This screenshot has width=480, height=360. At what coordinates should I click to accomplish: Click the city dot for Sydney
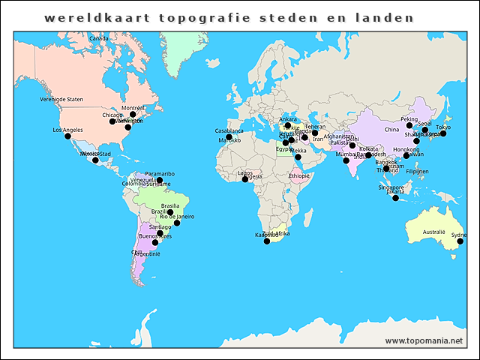460,241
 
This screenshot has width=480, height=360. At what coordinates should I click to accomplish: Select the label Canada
98,38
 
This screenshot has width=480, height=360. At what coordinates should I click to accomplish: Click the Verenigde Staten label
61,99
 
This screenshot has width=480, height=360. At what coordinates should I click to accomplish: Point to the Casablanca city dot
229,137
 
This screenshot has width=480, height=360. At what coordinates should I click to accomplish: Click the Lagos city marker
244,179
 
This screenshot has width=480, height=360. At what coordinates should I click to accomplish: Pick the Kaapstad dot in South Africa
267,241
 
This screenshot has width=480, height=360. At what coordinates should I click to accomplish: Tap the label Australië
433,232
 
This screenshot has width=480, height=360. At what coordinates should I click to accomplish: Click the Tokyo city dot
443,133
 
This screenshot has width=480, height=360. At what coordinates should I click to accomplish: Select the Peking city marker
409,126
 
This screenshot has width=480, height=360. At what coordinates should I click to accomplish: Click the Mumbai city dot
346,160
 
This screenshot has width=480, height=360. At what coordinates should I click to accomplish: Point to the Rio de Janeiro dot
177,223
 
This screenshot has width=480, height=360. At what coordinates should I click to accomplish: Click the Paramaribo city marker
159,180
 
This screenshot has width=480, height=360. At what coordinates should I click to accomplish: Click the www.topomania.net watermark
424,341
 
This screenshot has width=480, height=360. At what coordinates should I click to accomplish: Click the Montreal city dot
133,115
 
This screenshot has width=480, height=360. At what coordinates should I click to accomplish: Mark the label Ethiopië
298,175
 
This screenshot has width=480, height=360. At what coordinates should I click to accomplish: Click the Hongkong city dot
406,156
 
